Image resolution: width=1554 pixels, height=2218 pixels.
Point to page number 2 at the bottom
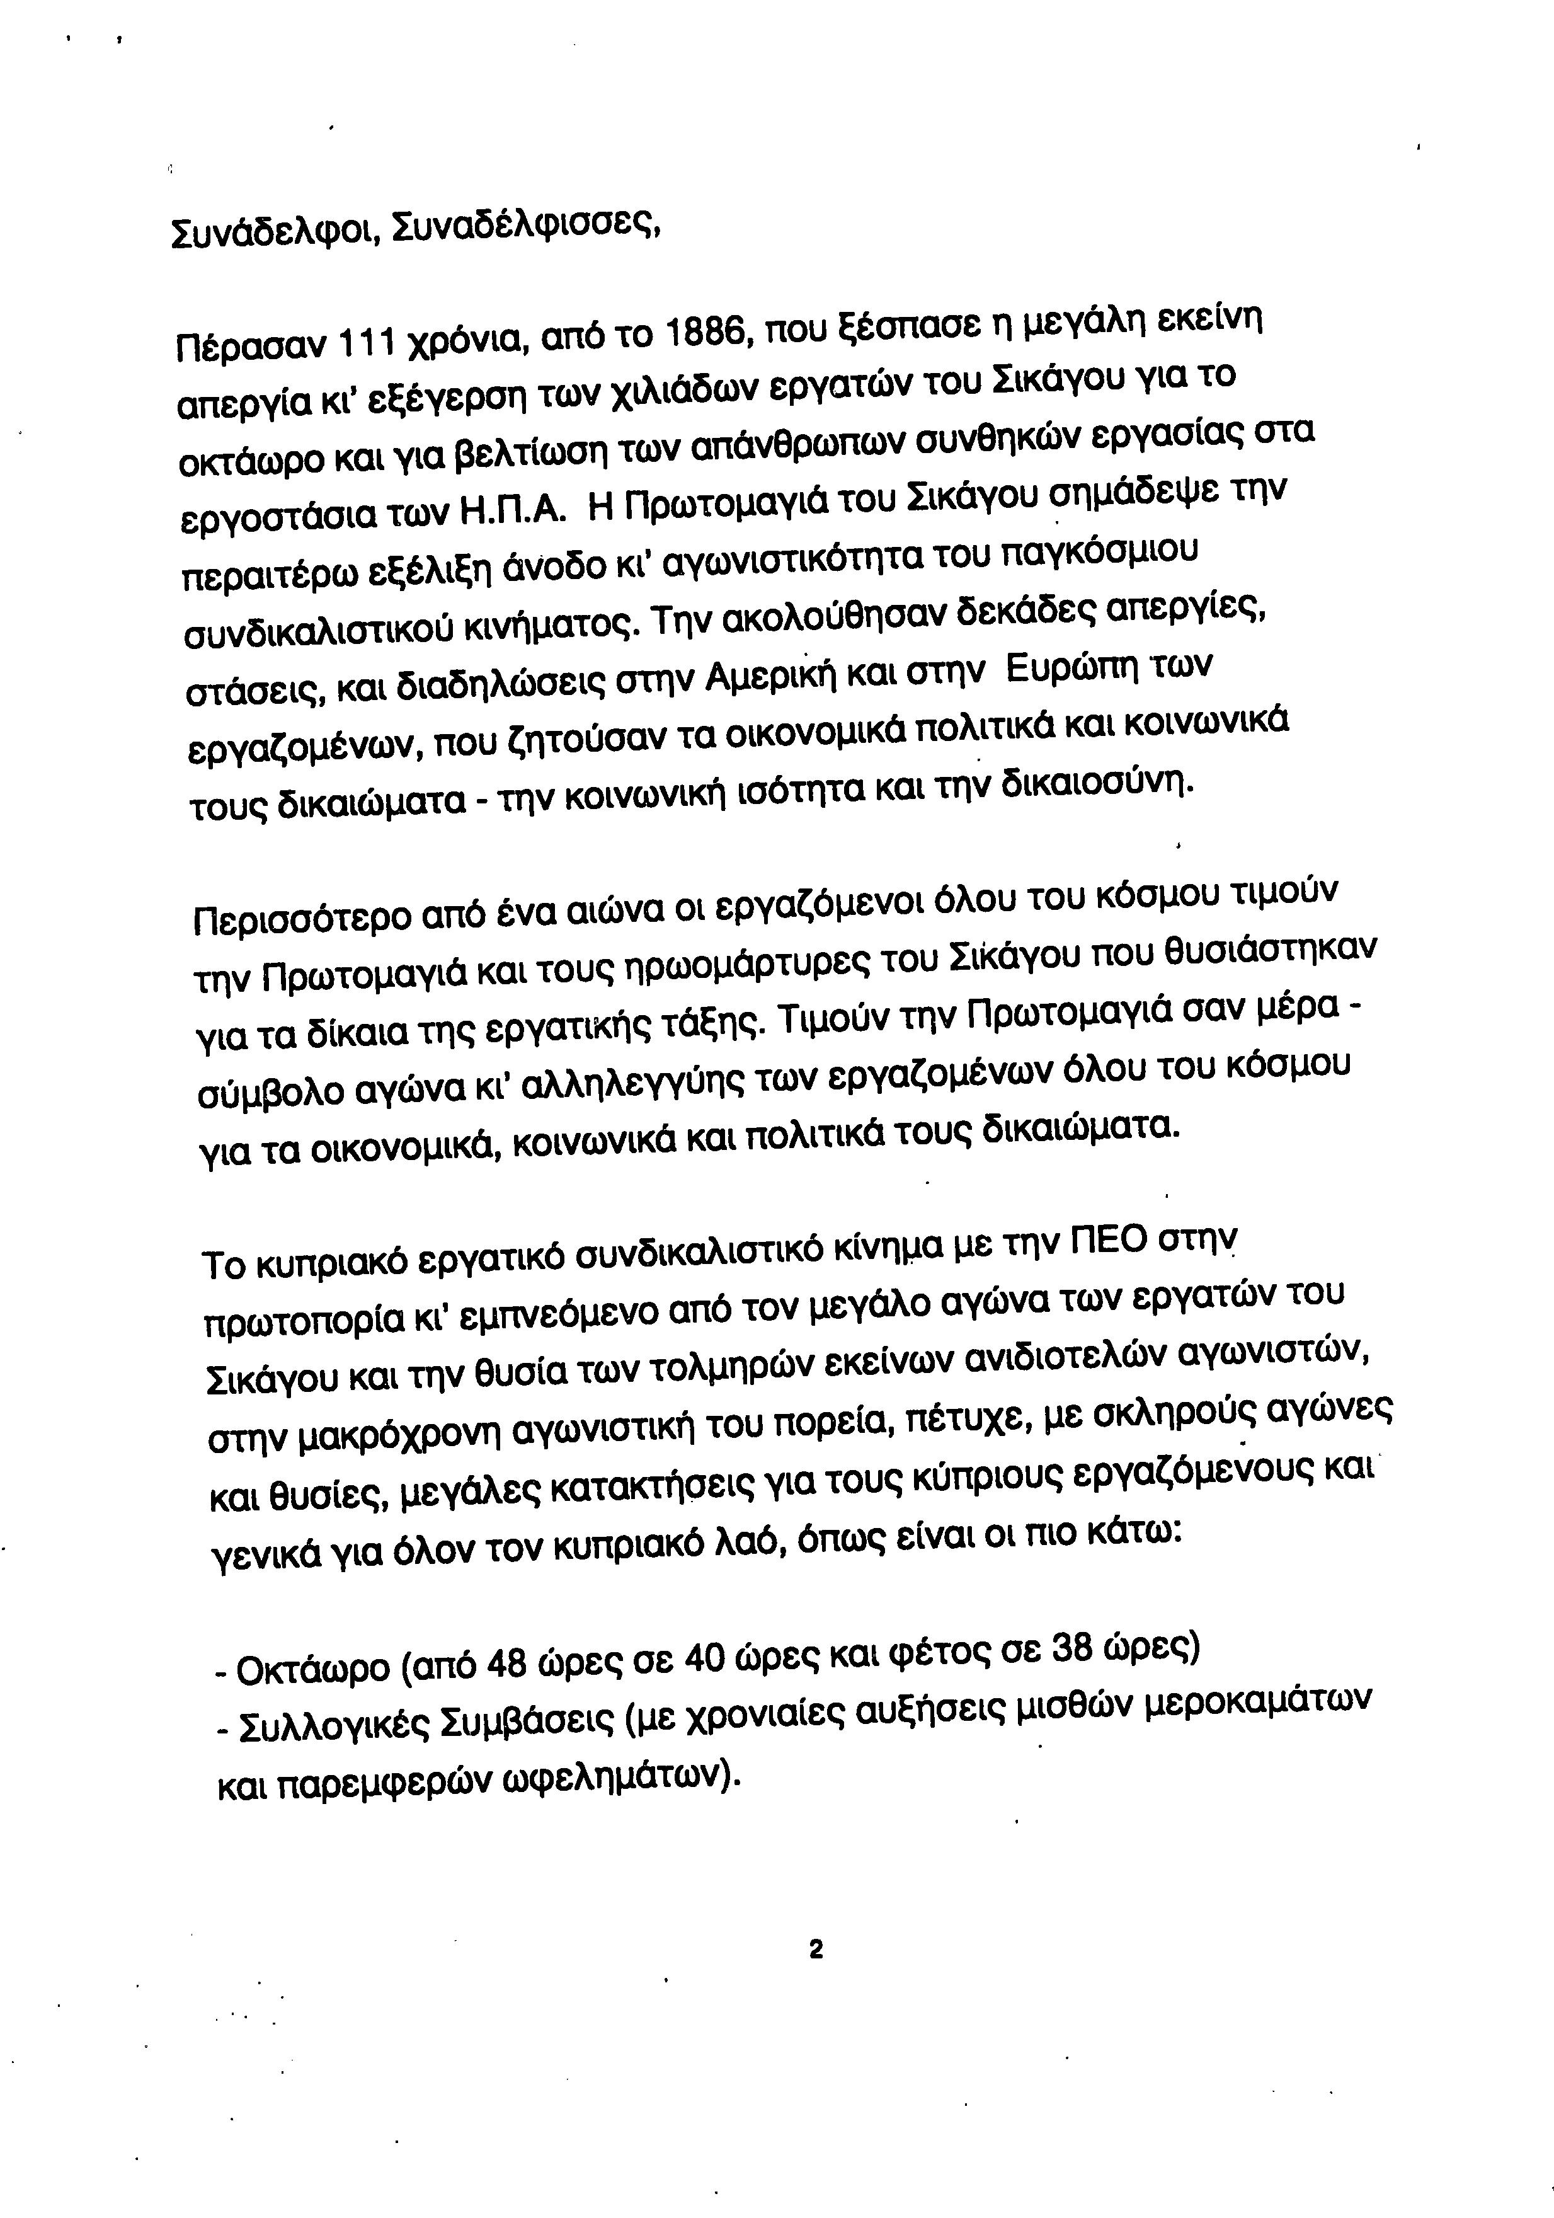814,1948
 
